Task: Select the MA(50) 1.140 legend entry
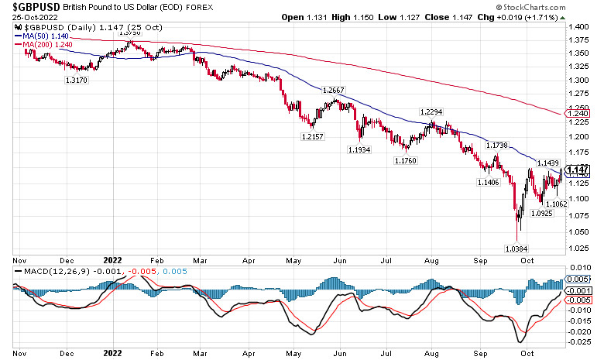coord(46,36)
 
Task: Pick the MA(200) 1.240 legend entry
coord(48,45)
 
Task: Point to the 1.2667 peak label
coord(334,91)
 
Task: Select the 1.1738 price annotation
coord(496,146)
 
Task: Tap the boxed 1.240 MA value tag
coord(578,114)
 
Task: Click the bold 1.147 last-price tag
coord(578,170)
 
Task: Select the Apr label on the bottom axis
coord(249,350)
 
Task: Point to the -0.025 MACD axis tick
coord(578,341)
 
